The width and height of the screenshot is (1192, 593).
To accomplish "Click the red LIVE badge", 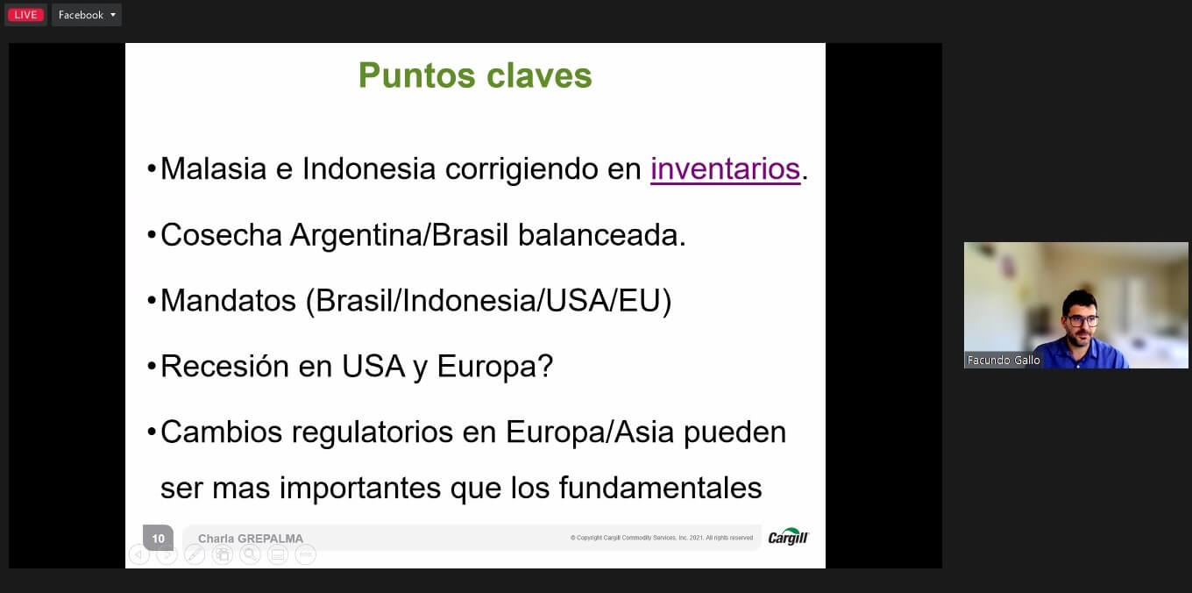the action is click(25, 15).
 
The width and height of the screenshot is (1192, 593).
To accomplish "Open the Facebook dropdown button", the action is click(87, 15).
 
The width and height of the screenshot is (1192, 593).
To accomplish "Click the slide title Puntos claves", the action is click(475, 75).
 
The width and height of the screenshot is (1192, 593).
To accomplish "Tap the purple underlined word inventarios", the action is click(726, 169).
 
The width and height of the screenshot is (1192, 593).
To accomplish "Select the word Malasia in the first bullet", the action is click(213, 169).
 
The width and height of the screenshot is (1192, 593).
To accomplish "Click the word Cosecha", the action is click(221, 235).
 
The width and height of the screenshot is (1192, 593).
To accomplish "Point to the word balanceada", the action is click(602, 235).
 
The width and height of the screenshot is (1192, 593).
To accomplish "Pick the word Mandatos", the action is click(228, 301).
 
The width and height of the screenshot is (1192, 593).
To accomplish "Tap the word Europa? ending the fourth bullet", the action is click(495, 367).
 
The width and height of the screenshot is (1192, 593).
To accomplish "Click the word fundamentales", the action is click(660, 488).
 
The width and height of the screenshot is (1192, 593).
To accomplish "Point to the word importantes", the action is click(360, 489).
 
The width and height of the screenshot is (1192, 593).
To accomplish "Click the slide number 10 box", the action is click(158, 538).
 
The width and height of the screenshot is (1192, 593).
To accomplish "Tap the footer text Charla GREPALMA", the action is click(251, 539).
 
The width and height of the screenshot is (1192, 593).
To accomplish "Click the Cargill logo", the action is click(788, 537).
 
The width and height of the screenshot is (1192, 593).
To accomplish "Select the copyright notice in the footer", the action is click(662, 538).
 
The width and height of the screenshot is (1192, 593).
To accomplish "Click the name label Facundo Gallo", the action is click(1003, 361).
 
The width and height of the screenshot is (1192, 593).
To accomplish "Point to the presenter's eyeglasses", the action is click(1082, 321).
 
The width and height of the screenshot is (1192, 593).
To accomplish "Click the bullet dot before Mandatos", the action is click(152, 301).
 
